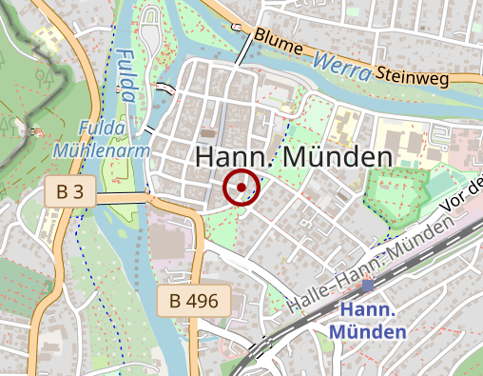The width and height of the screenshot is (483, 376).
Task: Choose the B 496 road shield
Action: [x=194, y=303]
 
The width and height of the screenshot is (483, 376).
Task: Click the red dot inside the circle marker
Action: [x=241, y=188]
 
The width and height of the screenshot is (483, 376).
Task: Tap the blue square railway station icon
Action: [x=368, y=285]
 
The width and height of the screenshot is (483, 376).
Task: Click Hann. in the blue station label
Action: [x=367, y=310]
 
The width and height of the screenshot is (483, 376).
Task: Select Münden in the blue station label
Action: [x=367, y=331]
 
